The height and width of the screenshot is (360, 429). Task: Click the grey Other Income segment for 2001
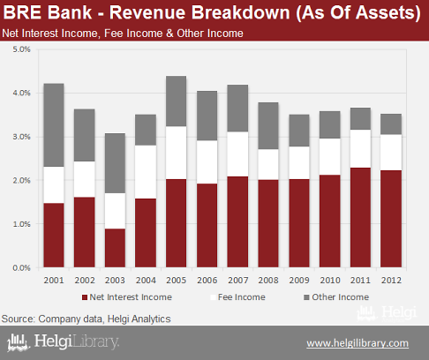pyautogui.click(x=54, y=125)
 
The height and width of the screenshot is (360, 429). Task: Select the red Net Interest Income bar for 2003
pyautogui.click(x=115, y=248)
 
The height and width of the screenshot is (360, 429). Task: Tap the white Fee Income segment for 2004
pyautogui.click(x=146, y=172)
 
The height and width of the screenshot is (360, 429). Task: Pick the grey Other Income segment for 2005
pyautogui.click(x=177, y=101)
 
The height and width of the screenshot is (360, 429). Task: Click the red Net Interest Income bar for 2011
pyautogui.click(x=360, y=218)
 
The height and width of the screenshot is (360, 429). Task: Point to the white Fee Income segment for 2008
pyautogui.click(x=268, y=164)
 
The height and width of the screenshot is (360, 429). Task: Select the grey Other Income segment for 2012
pyautogui.click(x=391, y=124)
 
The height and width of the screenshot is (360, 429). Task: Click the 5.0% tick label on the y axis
pyautogui.click(x=21, y=49)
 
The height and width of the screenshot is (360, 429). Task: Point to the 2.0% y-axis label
pyautogui.click(x=21, y=181)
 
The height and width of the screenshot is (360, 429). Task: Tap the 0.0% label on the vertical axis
pyautogui.click(x=21, y=268)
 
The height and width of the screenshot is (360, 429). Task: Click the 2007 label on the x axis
pyautogui.click(x=237, y=281)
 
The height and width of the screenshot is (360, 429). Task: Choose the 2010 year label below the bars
pyautogui.click(x=330, y=281)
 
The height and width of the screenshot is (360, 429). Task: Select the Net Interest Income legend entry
pyautogui.click(x=127, y=297)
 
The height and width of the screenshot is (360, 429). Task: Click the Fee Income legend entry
pyautogui.click(x=237, y=297)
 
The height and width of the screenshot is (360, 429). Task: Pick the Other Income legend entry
pyautogui.click(x=336, y=297)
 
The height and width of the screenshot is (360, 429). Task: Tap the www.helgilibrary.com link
pyautogui.click(x=357, y=343)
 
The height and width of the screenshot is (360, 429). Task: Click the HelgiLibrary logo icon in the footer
pyautogui.click(x=19, y=342)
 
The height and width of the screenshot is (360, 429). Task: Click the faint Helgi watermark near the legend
pyautogui.click(x=388, y=313)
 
